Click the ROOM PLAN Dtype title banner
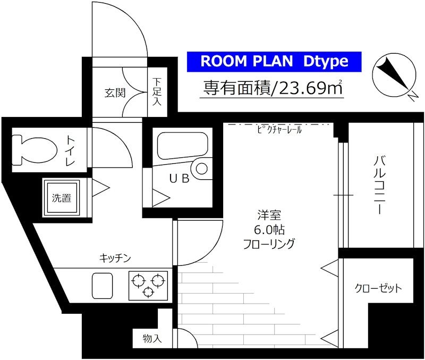click(x=274, y=62)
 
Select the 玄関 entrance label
click(x=115, y=93)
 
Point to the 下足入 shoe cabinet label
click(x=157, y=91)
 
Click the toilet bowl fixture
click(x=33, y=149)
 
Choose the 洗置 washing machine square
click(x=62, y=198)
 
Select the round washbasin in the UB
click(x=202, y=169)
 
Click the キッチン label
click(x=115, y=258)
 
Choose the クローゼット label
click(x=378, y=289)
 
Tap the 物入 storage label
click(x=152, y=338)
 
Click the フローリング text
click(x=269, y=244)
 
